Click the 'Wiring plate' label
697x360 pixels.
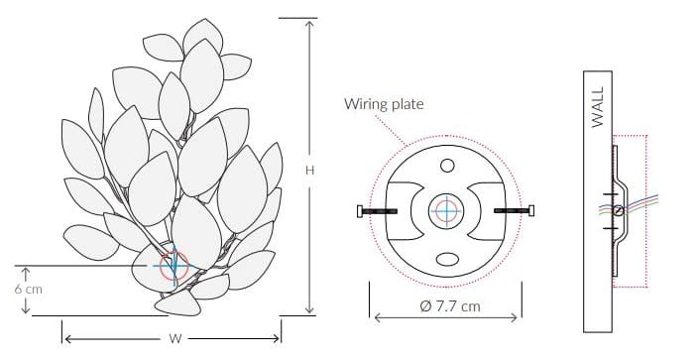(384, 104)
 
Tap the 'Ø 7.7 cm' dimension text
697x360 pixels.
(450, 306)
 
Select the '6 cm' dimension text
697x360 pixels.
(29, 289)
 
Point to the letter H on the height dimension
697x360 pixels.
(309, 171)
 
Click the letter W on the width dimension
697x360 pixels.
(175, 338)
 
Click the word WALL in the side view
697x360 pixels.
(598, 107)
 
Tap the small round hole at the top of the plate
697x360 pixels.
(447, 166)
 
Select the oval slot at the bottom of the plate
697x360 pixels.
(447, 259)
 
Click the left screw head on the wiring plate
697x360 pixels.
(360, 210)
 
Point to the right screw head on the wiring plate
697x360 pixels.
(531, 210)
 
